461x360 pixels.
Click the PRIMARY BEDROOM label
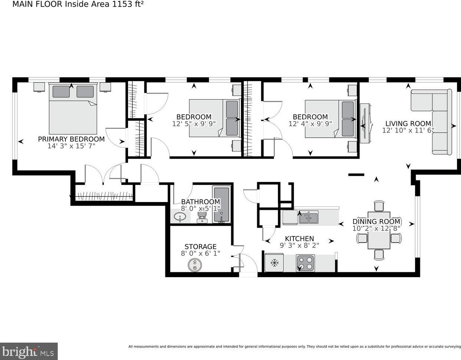click(71, 139)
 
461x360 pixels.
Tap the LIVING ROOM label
click(408, 124)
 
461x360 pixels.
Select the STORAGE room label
click(201, 246)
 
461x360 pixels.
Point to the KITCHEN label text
click(299, 238)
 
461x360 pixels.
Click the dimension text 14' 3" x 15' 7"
click(71, 146)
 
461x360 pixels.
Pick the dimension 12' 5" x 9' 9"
click(194, 124)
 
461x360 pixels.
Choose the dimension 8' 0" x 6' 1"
click(201, 253)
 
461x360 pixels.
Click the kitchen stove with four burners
click(305, 263)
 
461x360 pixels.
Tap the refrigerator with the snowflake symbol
click(274, 263)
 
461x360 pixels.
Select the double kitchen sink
click(309, 217)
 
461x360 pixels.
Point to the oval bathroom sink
click(180, 216)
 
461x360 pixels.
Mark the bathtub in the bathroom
click(222, 205)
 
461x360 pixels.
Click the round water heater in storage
click(195, 265)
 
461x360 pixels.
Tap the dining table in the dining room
click(379, 230)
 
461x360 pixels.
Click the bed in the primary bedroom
click(73, 109)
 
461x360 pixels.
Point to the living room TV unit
click(365, 123)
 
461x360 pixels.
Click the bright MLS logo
click(28, 351)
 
